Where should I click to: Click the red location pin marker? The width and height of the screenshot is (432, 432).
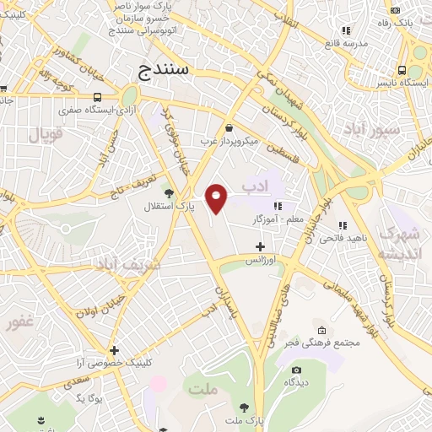(218, 198)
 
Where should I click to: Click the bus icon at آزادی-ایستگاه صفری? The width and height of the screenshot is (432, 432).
(100, 96)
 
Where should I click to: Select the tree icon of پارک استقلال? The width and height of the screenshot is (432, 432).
(167, 193)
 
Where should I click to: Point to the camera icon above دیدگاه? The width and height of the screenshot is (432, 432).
(295, 370)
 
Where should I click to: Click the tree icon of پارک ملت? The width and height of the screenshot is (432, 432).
(244, 406)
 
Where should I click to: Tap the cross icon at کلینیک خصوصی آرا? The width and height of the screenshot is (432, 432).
(114, 349)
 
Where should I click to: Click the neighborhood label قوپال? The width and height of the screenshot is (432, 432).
(46, 134)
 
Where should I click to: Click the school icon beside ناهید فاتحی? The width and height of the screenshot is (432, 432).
(342, 225)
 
